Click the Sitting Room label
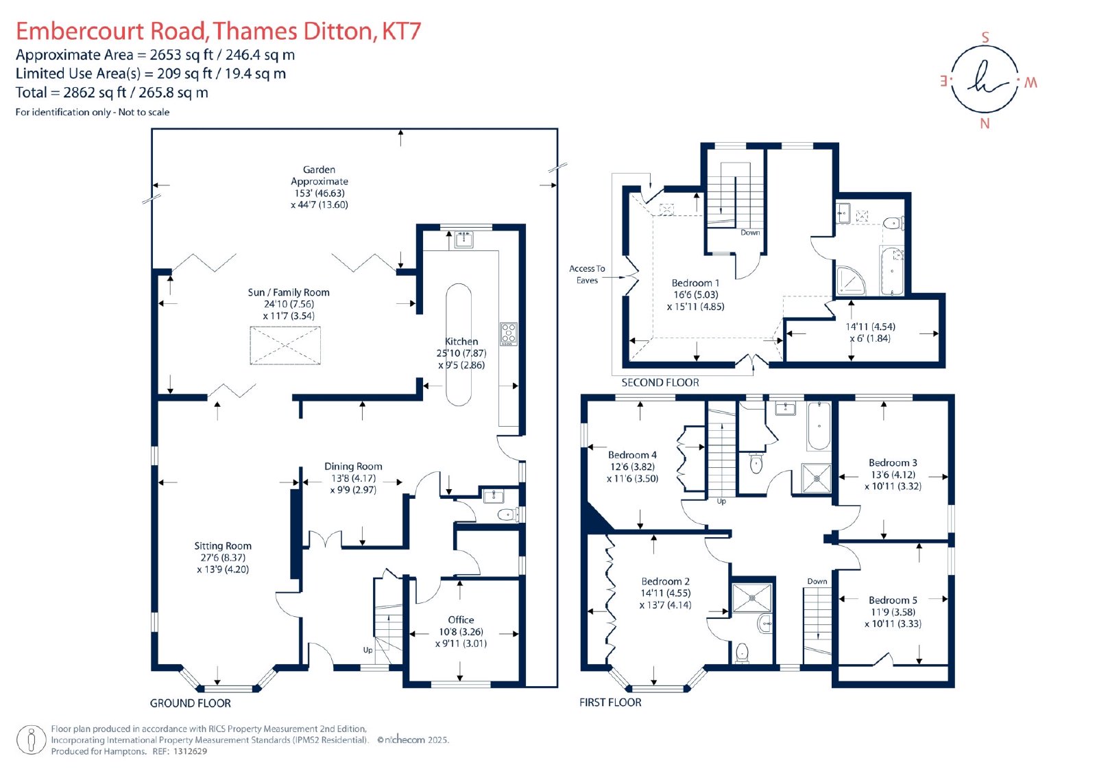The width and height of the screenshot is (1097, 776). click(223, 545)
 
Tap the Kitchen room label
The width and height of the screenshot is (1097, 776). click(461, 341)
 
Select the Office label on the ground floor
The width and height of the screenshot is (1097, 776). click(461, 620)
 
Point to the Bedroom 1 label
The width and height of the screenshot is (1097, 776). click(695, 283)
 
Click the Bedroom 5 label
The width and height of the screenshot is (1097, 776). click(893, 600)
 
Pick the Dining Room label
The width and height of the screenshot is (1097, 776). click(353, 466)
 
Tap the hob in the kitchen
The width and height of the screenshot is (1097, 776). click(509, 334)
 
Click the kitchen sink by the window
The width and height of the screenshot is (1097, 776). click(463, 239)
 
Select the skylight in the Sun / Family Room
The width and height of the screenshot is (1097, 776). click(285, 346)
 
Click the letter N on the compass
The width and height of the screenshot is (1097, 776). click(985, 124)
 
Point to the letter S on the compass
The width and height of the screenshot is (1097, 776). click(985, 37)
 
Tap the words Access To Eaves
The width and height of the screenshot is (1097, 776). click(587, 274)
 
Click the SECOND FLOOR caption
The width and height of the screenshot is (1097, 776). click(660, 382)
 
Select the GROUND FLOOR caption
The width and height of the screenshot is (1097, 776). click(190, 703)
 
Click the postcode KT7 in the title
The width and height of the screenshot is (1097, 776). click(402, 31)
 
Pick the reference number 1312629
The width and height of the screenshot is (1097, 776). click(190, 751)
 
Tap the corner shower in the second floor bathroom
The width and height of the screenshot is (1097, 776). click(850, 281)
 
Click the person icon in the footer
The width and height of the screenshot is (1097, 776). click(32, 740)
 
